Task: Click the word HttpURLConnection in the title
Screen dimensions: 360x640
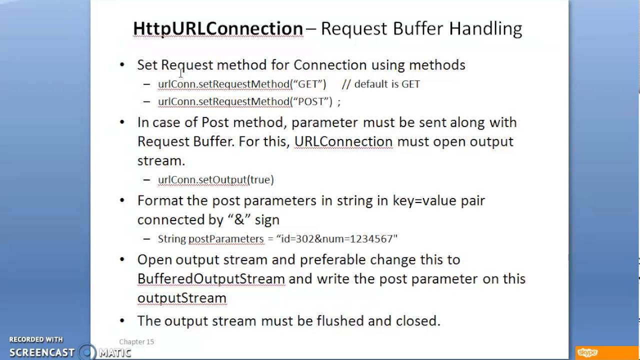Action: pyautogui.click(x=218, y=28)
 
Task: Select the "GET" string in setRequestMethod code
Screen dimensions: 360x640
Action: pyautogui.click(x=308, y=84)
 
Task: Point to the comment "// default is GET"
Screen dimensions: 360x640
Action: pyautogui.click(x=381, y=84)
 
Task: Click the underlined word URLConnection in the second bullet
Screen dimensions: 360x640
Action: pyautogui.click(x=343, y=141)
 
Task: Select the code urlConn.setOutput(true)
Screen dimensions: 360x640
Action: pyautogui.click(x=215, y=179)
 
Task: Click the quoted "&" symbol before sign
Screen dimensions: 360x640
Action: pyautogui.click(x=239, y=219)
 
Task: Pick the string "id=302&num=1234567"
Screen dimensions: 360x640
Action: pyautogui.click(x=336, y=239)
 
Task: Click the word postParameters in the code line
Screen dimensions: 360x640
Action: pyautogui.click(x=225, y=239)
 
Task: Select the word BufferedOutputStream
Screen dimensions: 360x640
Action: pyautogui.click(x=211, y=278)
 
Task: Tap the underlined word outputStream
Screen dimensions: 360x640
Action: pyautogui.click(x=181, y=298)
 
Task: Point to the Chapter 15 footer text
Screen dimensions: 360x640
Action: pyautogui.click(x=136, y=341)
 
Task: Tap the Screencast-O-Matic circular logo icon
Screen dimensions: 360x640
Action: pyautogui.click(x=87, y=352)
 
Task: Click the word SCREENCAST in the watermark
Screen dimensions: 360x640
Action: pyautogui.click(x=42, y=352)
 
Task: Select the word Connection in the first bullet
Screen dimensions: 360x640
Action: pyautogui.click(x=330, y=65)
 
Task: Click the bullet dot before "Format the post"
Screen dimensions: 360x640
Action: pyautogui.click(x=122, y=200)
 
